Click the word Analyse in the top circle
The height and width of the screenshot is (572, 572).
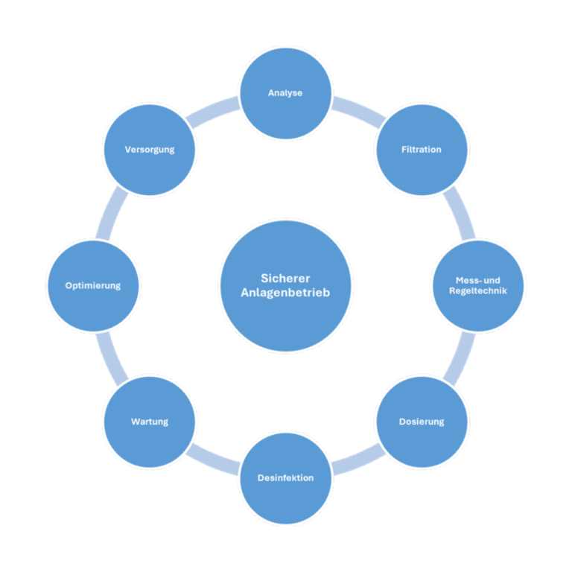pyautogui.click(x=285, y=93)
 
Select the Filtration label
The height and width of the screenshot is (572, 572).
pyautogui.click(x=422, y=150)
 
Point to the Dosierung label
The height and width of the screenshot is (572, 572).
pyautogui.click(x=422, y=422)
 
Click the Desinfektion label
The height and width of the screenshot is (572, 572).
pyautogui.click(x=285, y=477)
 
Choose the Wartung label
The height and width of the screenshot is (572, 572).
pyautogui.click(x=150, y=422)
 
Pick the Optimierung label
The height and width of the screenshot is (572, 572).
pyautogui.click(x=92, y=285)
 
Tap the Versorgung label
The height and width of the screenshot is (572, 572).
pyautogui.click(x=150, y=150)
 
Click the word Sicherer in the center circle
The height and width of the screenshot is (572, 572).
pyautogui.click(x=285, y=278)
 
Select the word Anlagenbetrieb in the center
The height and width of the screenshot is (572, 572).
pyautogui.click(x=285, y=293)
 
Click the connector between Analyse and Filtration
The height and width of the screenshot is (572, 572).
pyautogui.click(x=357, y=109)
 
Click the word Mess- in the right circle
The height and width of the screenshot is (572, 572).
pyautogui.click(x=468, y=281)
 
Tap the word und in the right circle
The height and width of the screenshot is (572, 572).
pyautogui.click(x=492, y=281)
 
